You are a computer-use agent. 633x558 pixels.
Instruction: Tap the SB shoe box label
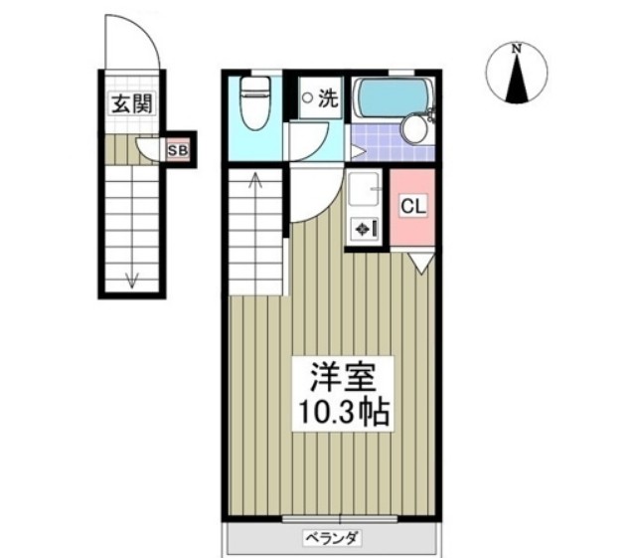(177, 151)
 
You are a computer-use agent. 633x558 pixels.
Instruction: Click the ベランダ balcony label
(332, 538)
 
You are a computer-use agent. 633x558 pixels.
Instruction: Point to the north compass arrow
(517, 81)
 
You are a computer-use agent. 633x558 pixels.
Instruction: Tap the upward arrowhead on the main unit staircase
(253, 180)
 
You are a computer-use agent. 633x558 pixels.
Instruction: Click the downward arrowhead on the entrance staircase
(131, 280)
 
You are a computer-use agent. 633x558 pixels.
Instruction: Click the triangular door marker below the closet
(419, 263)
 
